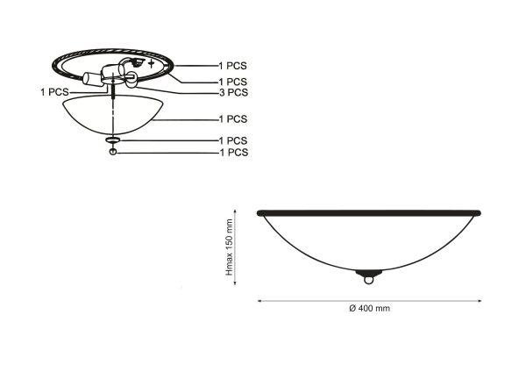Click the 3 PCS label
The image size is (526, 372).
(233, 92)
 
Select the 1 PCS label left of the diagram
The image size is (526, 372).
(54, 92)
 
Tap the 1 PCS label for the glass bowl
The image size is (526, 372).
(233, 118)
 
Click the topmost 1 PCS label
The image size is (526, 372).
(233, 66)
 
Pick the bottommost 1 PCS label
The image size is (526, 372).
(234, 153)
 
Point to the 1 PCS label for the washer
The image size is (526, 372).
(233, 140)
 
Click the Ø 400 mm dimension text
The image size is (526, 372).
(369, 308)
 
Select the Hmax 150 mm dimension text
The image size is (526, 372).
(230, 247)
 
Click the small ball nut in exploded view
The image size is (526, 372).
(113, 152)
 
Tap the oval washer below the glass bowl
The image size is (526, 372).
(113, 139)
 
